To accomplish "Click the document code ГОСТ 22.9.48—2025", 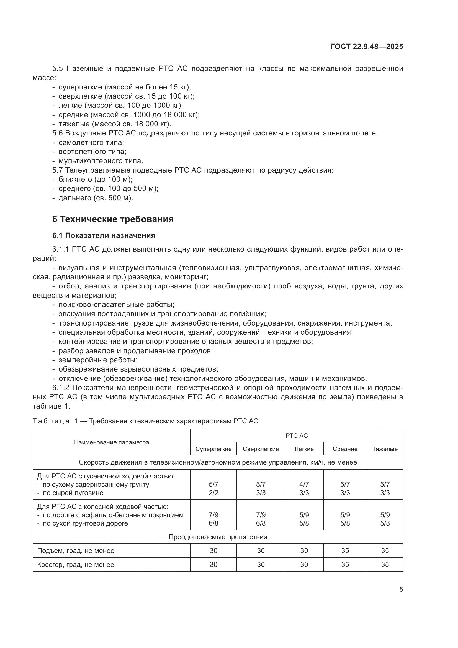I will tap(367, 47).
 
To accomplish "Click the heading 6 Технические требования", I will tap(113, 219).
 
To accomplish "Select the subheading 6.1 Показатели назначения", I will tap(104, 236).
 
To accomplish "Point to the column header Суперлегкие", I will tap(213, 449).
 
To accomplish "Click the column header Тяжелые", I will tap(385, 449).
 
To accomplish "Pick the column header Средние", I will tap(345, 449).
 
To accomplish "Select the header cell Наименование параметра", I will tap(111, 442).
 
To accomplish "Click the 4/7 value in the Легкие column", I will tap(304, 485).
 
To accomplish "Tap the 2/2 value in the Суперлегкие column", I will tap(213, 493).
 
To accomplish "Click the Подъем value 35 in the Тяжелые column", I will tap(385, 551).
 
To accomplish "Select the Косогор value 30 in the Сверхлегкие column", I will tap(261, 564).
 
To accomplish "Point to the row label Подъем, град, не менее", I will tap(76, 551).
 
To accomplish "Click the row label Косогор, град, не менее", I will tap(76, 565).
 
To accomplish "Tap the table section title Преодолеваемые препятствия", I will tap(218, 537).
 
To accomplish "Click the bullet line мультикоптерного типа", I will tap(101, 161).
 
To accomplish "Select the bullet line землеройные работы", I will tap(98, 360).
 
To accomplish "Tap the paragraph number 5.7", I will tap(58, 170).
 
